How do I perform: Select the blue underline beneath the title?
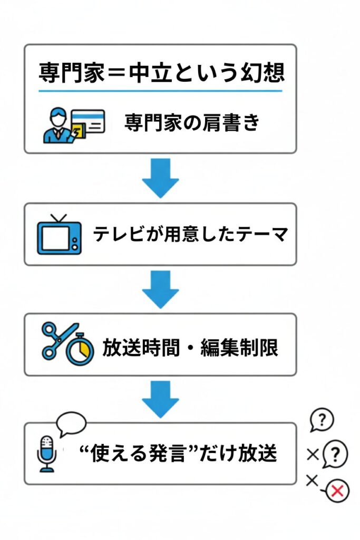[x=160, y=91]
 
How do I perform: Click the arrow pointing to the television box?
[x=160, y=178]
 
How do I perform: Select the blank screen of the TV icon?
[x=55, y=239]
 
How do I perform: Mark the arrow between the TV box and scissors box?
[x=160, y=289]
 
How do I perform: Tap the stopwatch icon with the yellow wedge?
[x=81, y=350]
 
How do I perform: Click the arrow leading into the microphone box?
[x=160, y=398]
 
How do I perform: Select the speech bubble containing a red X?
[x=337, y=491]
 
